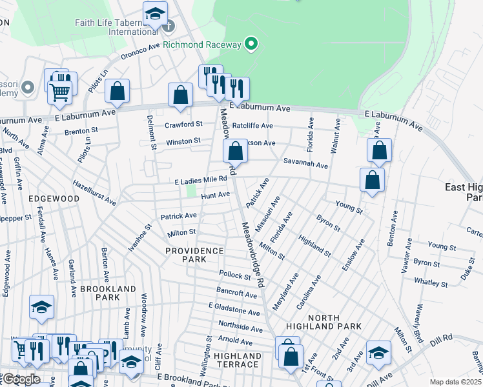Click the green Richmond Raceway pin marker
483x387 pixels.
[x=251, y=45]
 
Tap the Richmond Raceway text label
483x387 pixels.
[x=201, y=45]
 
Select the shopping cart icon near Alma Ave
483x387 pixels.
[x=60, y=92]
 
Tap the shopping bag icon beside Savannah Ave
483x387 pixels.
[x=236, y=152]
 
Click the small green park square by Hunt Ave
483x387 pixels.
[x=191, y=192]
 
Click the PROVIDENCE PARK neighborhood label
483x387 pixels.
[x=194, y=255]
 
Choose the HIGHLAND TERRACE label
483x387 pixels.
[x=237, y=360]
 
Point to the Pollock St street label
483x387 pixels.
[x=234, y=275]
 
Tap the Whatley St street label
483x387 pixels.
[x=431, y=283]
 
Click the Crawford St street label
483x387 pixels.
[x=183, y=124]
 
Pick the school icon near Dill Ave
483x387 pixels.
[x=378, y=352]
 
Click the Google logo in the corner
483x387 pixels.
[x=21, y=379]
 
